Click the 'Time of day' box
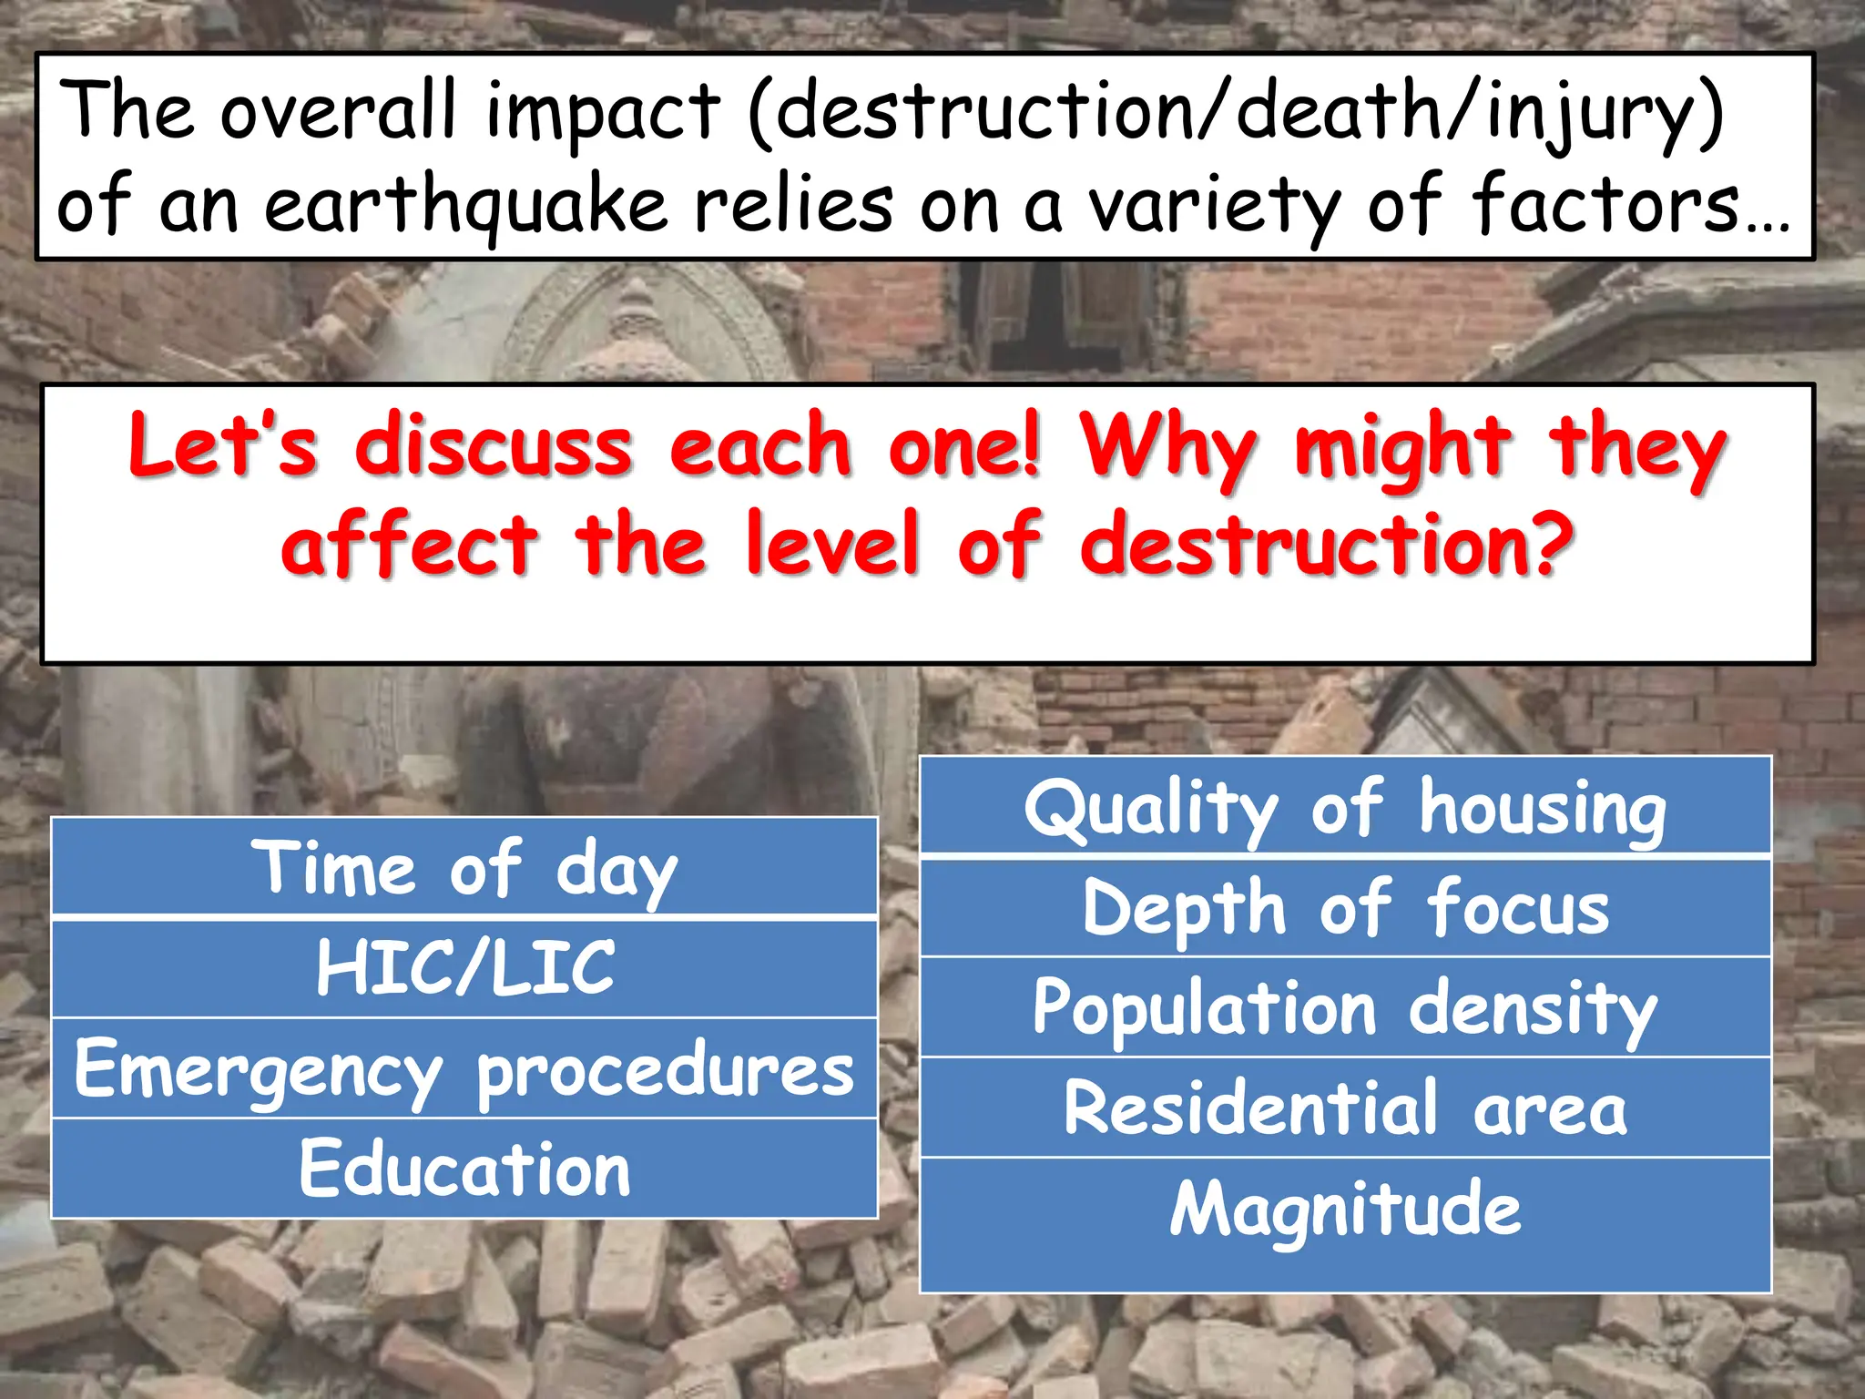pyautogui.click(x=464, y=867)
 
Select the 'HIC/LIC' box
pyautogui.click(x=464, y=968)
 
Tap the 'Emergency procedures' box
pyautogui.click(x=464, y=1069)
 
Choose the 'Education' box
pyautogui.click(x=464, y=1169)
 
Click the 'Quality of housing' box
pyautogui.click(x=1345, y=808)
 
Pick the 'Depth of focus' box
pyautogui.click(x=1345, y=908)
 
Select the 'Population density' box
pyautogui.click(x=1345, y=1008)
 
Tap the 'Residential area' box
pyautogui.click(x=1345, y=1108)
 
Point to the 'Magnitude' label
pyautogui.click(x=1345, y=1210)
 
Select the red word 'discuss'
pyautogui.click(x=494, y=446)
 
